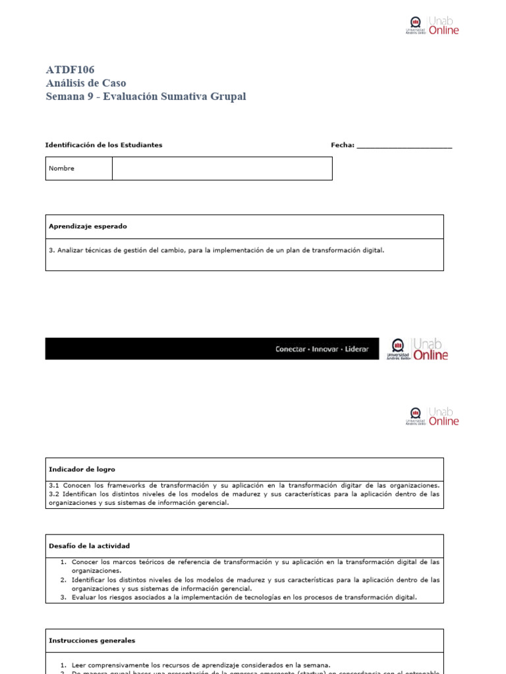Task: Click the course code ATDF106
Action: tap(70, 70)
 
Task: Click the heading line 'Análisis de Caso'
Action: tap(86, 83)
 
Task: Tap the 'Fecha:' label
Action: tap(342, 145)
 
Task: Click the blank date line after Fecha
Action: tap(404, 146)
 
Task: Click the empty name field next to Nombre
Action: tap(222, 168)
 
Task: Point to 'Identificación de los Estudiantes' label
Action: tap(103, 145)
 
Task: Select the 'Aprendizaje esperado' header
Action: tap(88, 226)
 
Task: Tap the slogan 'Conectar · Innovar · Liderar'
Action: tap(322, 349)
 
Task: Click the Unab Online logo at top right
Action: tap(432, 26)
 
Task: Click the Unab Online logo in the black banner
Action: tap(418, 349)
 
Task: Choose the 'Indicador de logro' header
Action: tap(82, 469)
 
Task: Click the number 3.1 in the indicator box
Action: tap(54, 485)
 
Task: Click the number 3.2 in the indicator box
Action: tap(54, 494)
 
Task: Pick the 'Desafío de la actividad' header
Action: tap(89, 546)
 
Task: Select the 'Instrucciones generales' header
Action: tap(92, 640)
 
